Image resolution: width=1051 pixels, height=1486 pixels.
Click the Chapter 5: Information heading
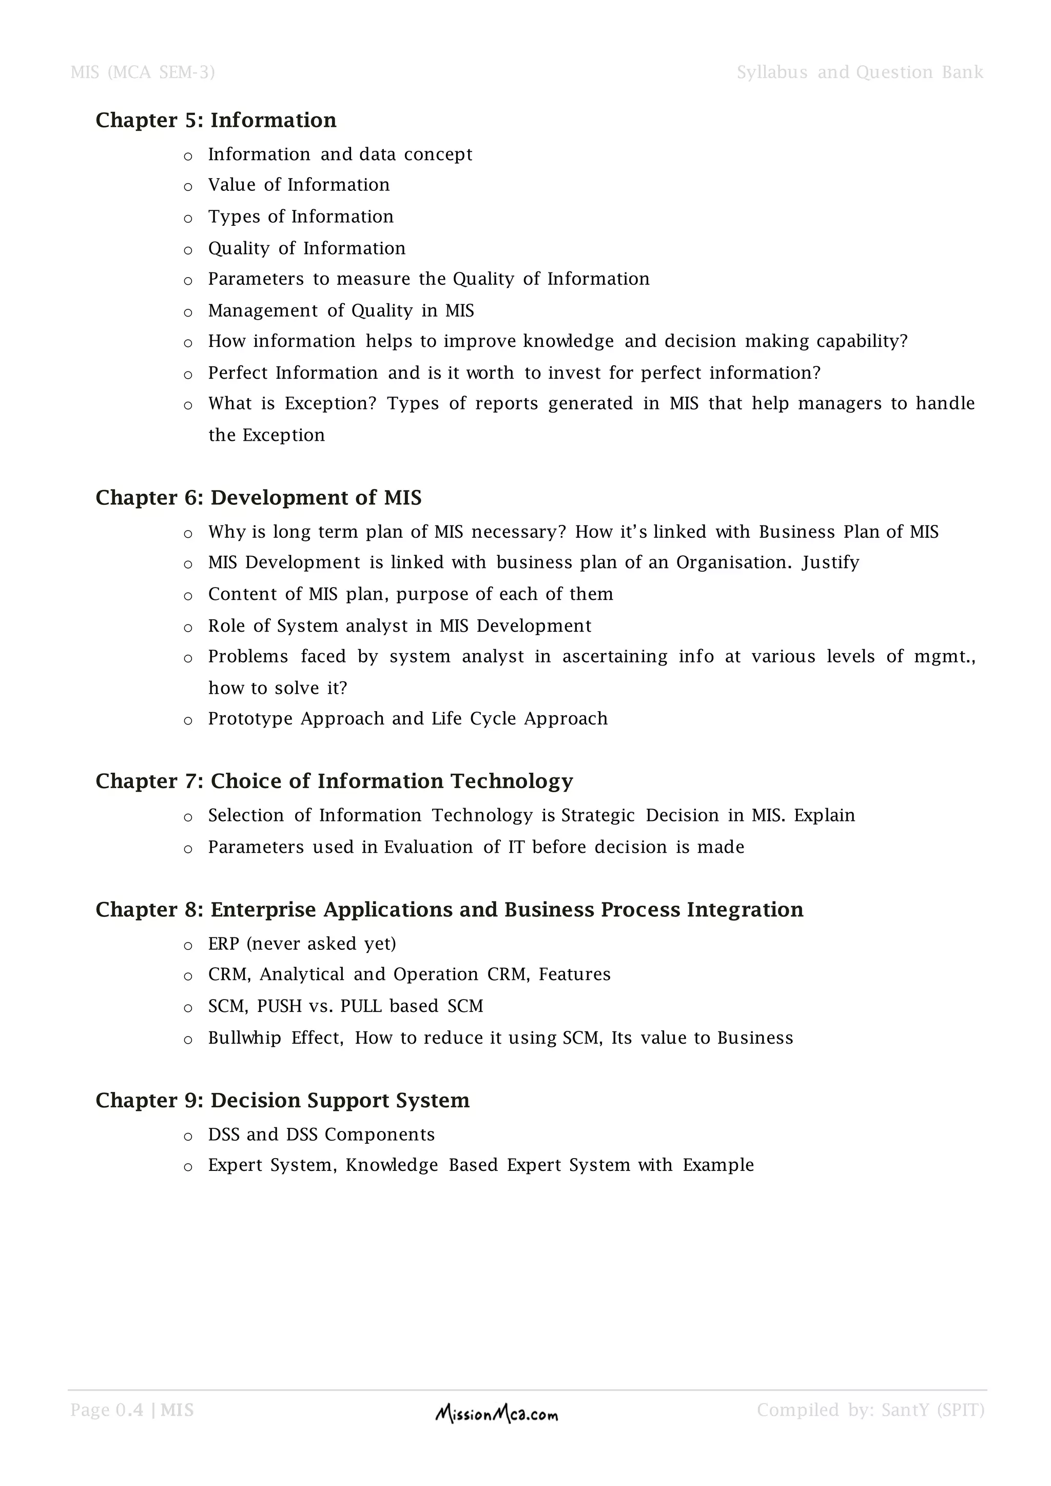[x=216, y=121]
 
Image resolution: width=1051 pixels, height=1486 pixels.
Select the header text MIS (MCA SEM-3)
[x=142, y=72]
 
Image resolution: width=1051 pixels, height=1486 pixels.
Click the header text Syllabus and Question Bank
[x=860, y=72]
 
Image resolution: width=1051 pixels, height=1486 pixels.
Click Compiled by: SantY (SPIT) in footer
[x=870, y=1410]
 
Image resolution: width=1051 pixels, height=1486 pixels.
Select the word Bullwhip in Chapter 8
[x=244, y=1038]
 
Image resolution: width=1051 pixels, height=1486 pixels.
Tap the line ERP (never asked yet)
[x=302, y=944]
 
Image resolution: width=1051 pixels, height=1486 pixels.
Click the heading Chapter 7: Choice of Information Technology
[x=334, y=781]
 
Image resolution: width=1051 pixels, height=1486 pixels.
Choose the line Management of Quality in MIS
[x=340, y=310]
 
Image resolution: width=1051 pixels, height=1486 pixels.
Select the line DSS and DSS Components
[x=321, y=1135]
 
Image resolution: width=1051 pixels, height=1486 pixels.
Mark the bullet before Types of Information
[x=188, y=219]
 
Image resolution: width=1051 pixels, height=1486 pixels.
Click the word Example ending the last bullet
[x=718, y=1165]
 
